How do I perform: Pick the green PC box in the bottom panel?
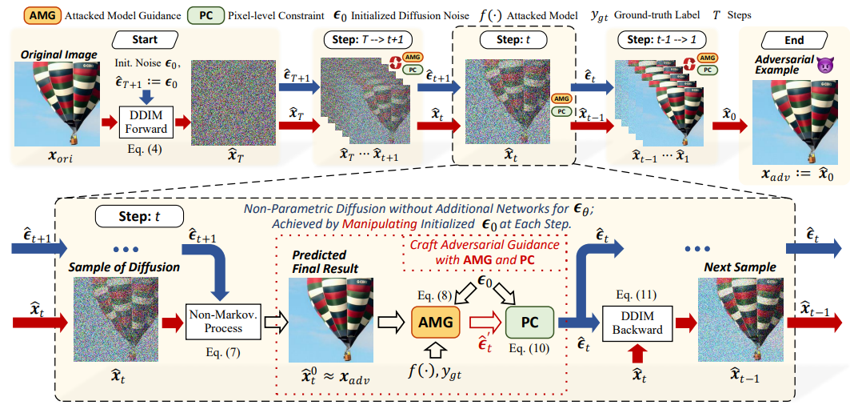point(529,323)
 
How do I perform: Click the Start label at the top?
point(145,39)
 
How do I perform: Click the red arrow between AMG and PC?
point(483,323)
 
